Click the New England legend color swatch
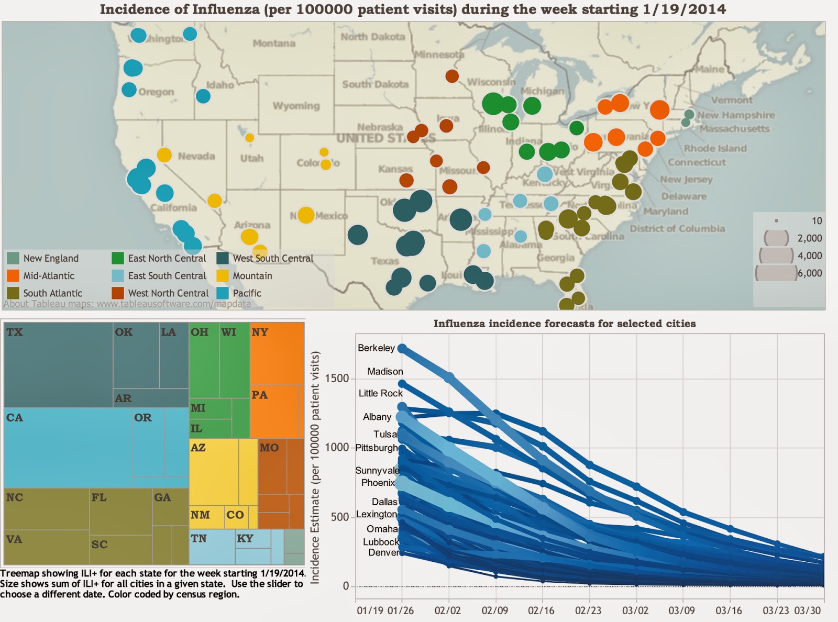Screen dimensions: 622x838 (x=13, y=258)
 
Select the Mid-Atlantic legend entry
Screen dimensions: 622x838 (x=49, y=276)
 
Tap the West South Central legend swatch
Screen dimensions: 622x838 (x=223, y=258)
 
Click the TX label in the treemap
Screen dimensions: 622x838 (x=15, y=332)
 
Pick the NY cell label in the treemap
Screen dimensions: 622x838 (x=260, y=332)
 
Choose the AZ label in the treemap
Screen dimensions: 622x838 (x=198, y=448)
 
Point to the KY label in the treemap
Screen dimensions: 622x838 (x=245, y=538)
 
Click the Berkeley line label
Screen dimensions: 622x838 (x=376, y=348)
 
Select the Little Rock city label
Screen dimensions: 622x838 (x=380, y=393)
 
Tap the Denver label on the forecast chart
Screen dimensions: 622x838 (x=383, y=552)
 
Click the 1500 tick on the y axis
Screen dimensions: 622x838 (x=337, y=379)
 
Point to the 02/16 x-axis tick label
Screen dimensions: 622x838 (x=541, y=610)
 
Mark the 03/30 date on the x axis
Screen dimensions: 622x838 (x=808, y=610)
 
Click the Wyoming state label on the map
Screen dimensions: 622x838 (x=296, y=106)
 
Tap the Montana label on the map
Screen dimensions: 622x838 (x=274, y=43)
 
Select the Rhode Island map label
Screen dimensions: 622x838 (x=715, y=149)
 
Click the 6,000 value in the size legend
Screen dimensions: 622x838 (x=810, y=273)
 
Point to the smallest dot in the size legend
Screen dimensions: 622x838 (x=776, y=221)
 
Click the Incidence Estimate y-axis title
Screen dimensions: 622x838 (x=315, y=468)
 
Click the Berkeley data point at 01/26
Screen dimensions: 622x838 (x=402, y=348)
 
